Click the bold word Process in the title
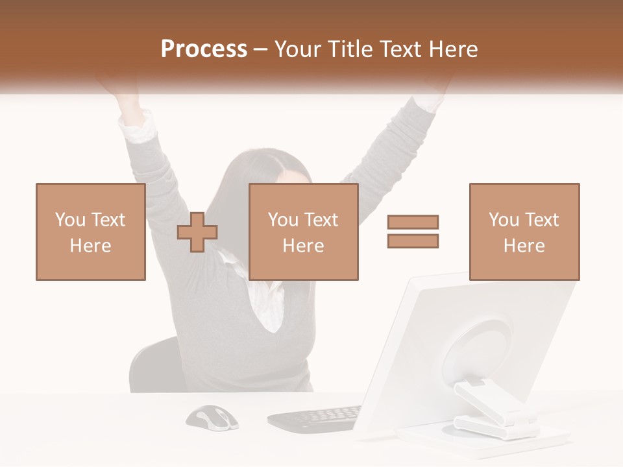204,49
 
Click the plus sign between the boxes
197,232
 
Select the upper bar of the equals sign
413,222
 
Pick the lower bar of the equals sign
413,241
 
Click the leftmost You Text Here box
90,232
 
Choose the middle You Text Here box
303,232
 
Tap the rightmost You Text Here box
524,232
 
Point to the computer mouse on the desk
212,417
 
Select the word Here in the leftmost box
90,246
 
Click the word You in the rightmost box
503,220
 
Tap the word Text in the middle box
321,220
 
